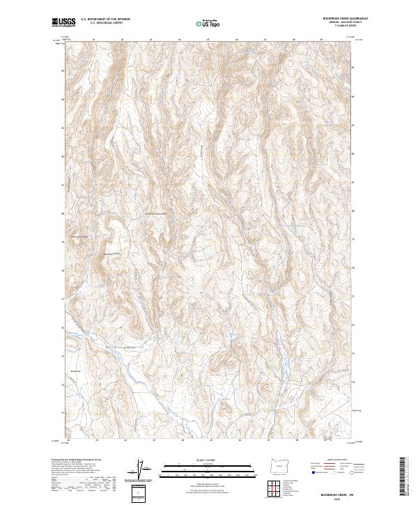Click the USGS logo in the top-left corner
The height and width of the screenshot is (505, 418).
point(63,22)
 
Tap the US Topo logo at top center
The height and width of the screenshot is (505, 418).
point(202,23)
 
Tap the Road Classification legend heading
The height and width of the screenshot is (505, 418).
point(333,460)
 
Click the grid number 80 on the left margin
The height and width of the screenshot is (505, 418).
point(63,213)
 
